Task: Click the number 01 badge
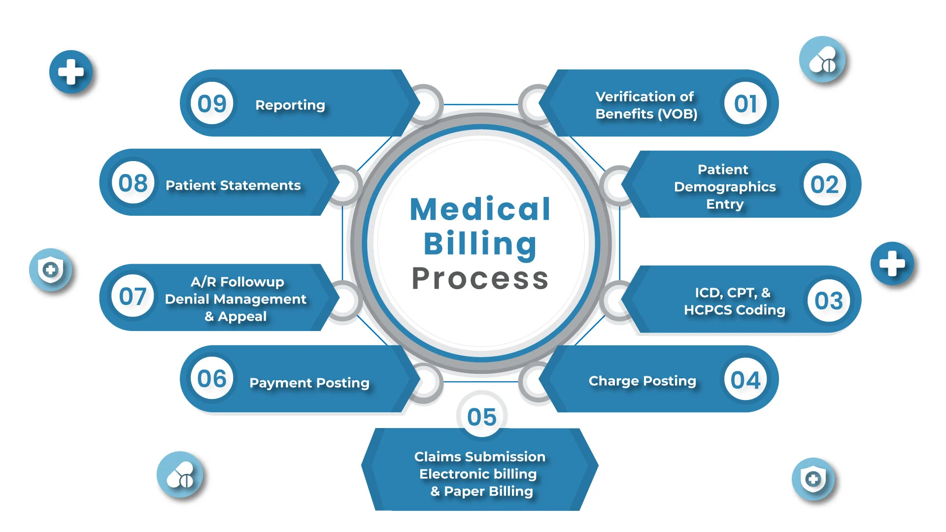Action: (x=745, y=103)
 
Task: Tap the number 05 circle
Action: (x=482, y=416)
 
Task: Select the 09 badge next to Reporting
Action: (x=212, y=103)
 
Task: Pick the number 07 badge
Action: (x=133, y=297)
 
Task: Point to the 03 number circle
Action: (x=829, y=300)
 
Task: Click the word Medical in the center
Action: (x=480, y=209)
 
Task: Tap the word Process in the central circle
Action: (x=480, y=279)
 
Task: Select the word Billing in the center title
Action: (x=480, y=244)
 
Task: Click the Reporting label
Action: (x=290, y=105)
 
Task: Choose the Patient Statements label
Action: (x=233, y=185)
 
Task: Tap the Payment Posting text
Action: (x=309, y=383)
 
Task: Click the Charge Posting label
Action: (x=642, y=381)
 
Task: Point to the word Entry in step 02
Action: (x=725, y=204)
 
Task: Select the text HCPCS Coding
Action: (x=735, y=310)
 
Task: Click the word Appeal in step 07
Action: (x=242, y=316)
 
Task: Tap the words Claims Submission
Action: (x=480, y=457)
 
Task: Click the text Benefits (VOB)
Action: (x=646, y=114)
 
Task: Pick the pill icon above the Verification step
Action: (x=822, y=60)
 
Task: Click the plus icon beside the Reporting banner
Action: (x=71, y=72)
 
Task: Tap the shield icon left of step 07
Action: (x=50, y=269)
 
